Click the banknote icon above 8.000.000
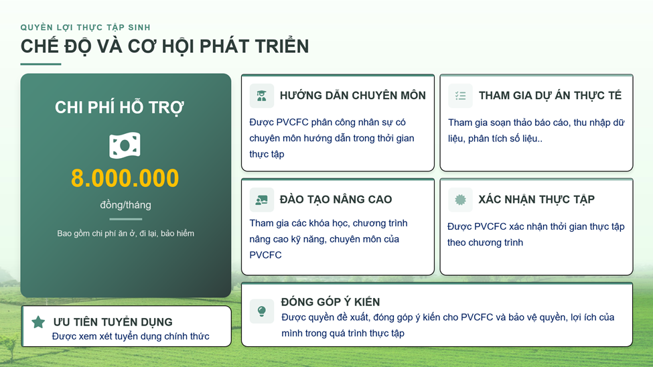(125, 145)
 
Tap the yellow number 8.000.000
(125, 178)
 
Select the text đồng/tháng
(125, 205)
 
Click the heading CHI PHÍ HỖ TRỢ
(119, 107)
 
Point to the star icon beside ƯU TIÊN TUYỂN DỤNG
(38, 321)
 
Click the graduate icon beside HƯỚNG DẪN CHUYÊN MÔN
(261, 96)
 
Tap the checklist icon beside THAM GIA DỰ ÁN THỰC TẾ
(460, 96)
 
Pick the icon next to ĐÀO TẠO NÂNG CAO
(261, 200)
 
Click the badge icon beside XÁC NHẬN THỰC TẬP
(460, 200)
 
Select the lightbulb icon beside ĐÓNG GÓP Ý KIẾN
(261, 311)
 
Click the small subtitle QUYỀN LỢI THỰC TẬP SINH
(85, 27)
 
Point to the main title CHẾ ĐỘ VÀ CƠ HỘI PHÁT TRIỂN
(165, 46)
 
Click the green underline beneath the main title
(41, 64)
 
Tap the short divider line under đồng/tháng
(125, 219)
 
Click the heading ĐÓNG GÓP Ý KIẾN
(330, 301)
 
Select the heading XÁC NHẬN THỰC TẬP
(536, 200)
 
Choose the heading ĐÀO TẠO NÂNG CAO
(336, 200)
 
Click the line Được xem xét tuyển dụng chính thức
(131, 337)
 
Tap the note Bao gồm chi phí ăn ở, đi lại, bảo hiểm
(125, 233)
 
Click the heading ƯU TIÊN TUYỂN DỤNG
(113, 322)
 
